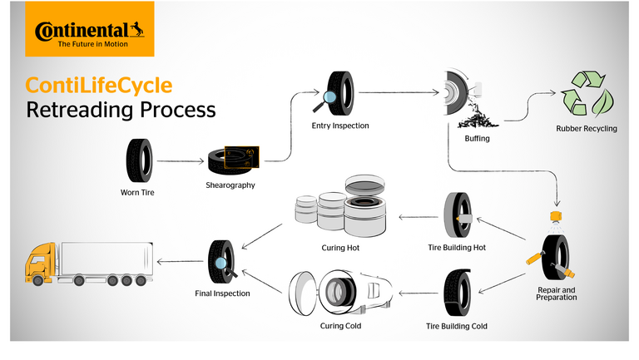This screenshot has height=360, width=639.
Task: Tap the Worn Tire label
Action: click(137, 193)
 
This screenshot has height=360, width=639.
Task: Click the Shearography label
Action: click(230, 185)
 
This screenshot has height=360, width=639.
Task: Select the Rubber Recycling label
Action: click(587, 129)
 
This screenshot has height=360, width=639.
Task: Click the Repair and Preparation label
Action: click(557, 293)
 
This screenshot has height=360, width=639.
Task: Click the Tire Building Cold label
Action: click(457, 326)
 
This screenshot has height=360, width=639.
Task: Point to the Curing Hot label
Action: click(339, 248)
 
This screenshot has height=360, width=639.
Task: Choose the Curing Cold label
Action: click(339, 325)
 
